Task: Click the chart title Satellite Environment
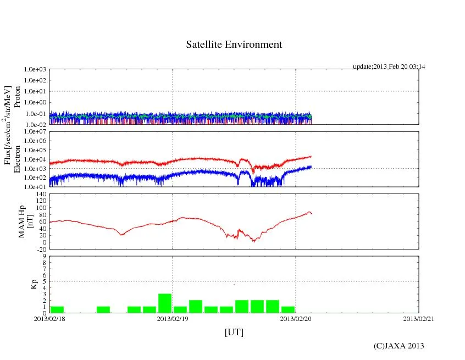click(234, 45)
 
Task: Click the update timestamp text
click(389, 67)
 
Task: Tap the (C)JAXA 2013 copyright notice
click(398, 346)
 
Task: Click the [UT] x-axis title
click(234, 332)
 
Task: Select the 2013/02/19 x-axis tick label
click(173, 319)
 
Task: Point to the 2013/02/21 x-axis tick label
click(419, 319)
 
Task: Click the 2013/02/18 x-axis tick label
click(49, 319)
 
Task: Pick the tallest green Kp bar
click(165, 303)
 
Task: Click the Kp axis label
click(32, 285)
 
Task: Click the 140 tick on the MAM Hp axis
click(40, 194)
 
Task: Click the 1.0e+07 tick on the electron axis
click(34, 132)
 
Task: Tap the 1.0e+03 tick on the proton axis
click(34, 70)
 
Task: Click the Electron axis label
click(17, 159)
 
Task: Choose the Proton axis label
click(17, 97)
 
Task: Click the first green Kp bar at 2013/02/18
click(57, 309)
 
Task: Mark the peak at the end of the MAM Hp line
click(309, 212)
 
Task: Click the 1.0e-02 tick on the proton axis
click(34, 124)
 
